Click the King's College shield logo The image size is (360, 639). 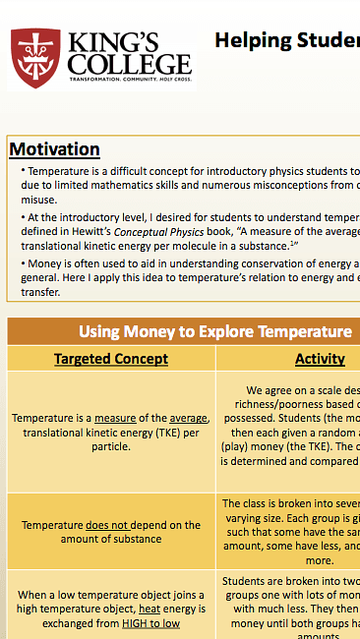coord(32,58)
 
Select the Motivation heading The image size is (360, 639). coord(54,149)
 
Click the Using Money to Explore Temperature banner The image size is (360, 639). coord(215,331)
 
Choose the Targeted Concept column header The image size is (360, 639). coord(111,359)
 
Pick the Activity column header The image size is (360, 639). coord(320,359)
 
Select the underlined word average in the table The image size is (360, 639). coord(186,419)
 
